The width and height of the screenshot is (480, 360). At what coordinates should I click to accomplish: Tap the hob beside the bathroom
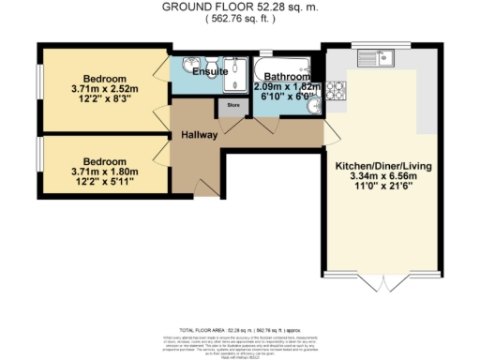coord(336,92)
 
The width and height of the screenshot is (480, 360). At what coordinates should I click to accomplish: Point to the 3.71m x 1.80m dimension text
coord(103,172)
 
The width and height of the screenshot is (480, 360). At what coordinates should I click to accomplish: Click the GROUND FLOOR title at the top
coord(239,7)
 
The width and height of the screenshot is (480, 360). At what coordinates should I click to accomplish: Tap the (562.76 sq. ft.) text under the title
coord(239,18)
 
